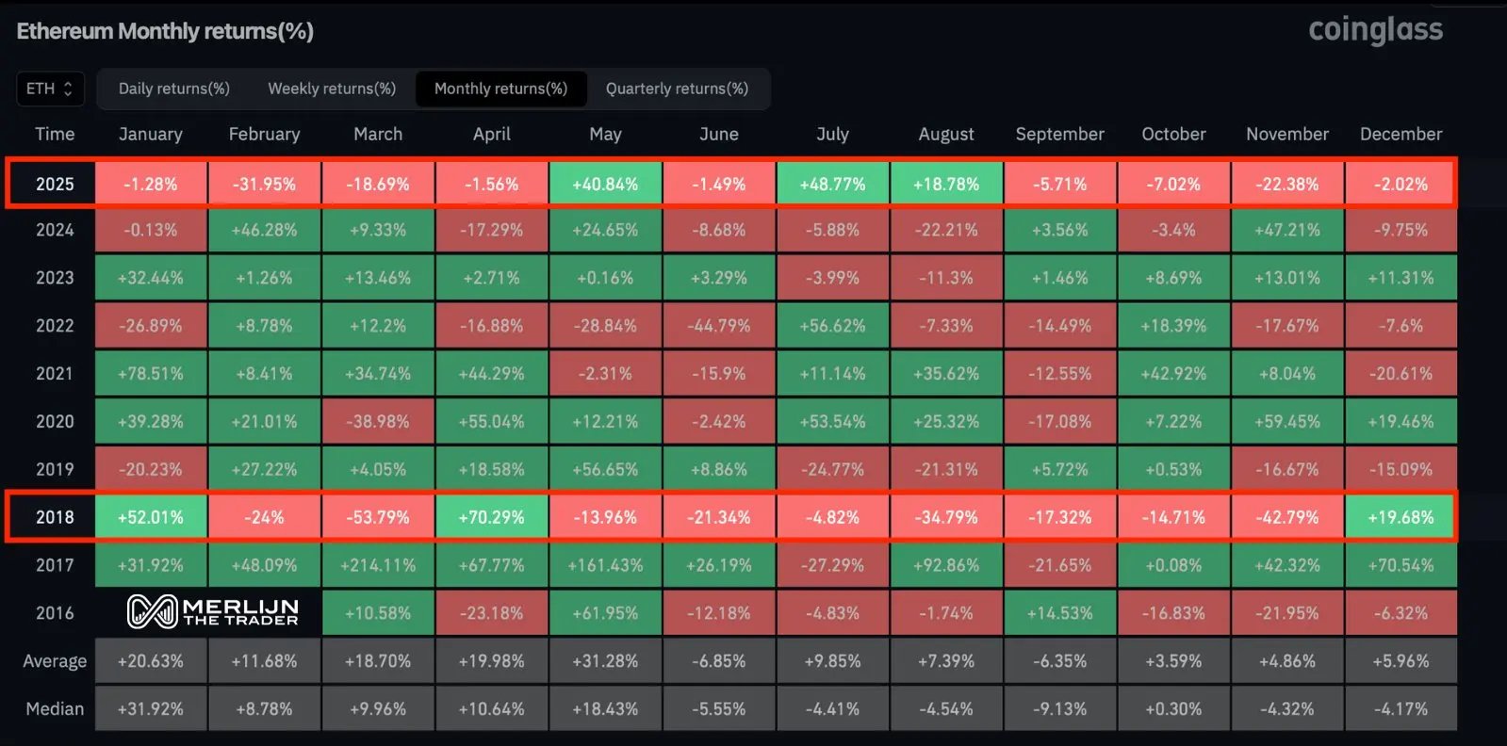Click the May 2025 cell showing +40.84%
pos(605,184)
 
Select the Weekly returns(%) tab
pos(332,89)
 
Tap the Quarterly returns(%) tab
pos(677,89)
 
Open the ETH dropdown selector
pos(50,89)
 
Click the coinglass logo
pos(1375,30)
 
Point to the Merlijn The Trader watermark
pos(213,612)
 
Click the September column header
pos(1059,134)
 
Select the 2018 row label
pos(55,517)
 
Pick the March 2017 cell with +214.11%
pos(378,565)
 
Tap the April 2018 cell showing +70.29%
pos(491,517)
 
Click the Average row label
pos(55,661)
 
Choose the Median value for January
pos(151,708)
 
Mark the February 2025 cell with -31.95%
pos(265,184)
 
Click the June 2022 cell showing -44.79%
pos(719,326)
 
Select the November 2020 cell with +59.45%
pos(1287,421)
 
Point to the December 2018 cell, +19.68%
pos(1401,517)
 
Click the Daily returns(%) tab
pos(174,89)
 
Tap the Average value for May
pos(605,661)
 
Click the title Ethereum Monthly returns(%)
pos(165,31)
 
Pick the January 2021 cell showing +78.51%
pos(151,374)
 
